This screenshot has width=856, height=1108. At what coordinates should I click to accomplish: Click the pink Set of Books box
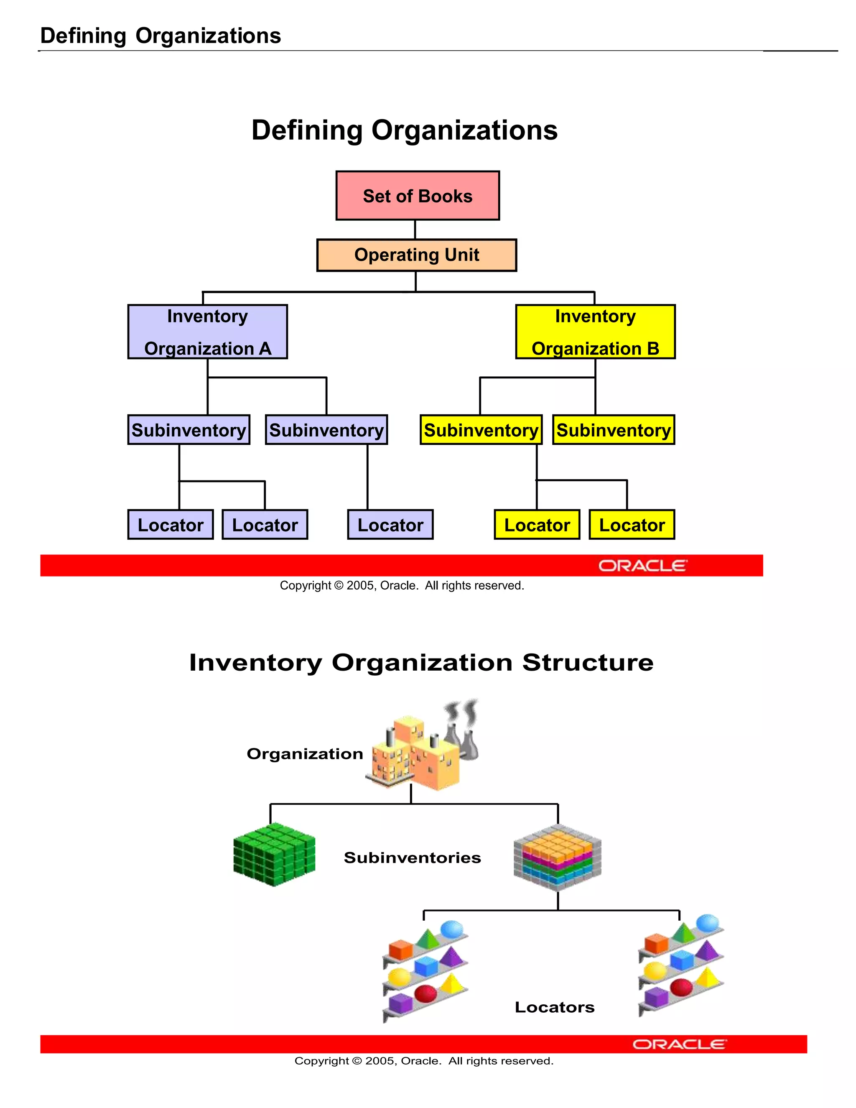tap(418, 196)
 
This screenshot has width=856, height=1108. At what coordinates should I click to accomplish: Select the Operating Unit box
tap(416, 255)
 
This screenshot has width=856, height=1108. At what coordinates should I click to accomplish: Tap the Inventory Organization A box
tap(207, 332)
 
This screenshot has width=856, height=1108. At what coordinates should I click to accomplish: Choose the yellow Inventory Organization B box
tap(595, 332)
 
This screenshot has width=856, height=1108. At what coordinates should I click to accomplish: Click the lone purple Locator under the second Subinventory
tap(390, 525)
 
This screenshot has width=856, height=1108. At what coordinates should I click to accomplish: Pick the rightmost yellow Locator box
tap(632, 525)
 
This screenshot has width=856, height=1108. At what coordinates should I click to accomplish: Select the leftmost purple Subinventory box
tap(189, 430)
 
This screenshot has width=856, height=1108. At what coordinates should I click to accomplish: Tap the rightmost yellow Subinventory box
tap(613, 430)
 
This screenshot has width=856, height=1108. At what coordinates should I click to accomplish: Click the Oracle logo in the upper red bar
tap(642, 566)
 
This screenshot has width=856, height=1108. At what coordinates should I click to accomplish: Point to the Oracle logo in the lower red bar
tap(679, 1044)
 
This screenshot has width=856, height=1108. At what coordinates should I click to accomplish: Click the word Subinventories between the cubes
tap(412, 858)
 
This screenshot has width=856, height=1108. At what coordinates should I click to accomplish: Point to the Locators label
tap(554, 1007)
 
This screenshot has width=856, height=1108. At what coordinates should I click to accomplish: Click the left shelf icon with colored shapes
tap(425, 970)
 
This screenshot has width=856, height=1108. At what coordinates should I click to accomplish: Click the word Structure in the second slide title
tap(588, 663)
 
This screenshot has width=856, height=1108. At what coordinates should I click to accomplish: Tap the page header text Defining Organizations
tap(160, 36)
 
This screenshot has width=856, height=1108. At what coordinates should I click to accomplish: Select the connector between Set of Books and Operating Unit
tap(415, 229)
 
